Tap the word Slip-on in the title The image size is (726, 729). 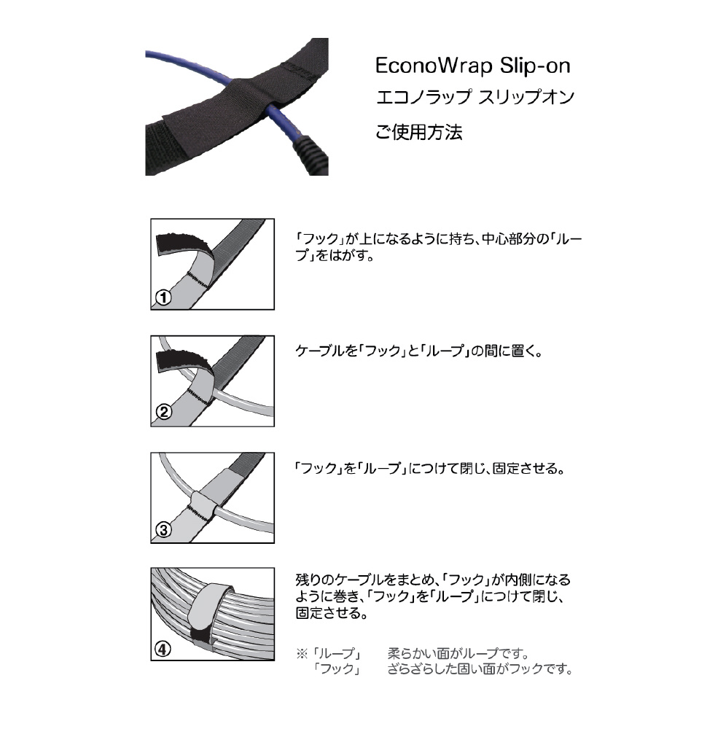coord(535,66)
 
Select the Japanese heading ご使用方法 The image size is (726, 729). coord(419,133)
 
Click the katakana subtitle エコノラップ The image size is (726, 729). coord(423,97)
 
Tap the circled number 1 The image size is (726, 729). coord(163,297)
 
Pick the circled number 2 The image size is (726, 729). coord(163,412)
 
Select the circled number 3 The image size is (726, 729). coord(163,529)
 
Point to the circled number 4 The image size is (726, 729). coord(163,649)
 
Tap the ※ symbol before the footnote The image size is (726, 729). coord(302,654)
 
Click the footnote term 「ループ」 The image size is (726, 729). coord(337,654)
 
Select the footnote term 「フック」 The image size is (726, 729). coord(337,669)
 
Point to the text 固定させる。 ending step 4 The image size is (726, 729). coord(332,613)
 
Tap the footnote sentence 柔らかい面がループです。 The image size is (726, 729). coord(458,654)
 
